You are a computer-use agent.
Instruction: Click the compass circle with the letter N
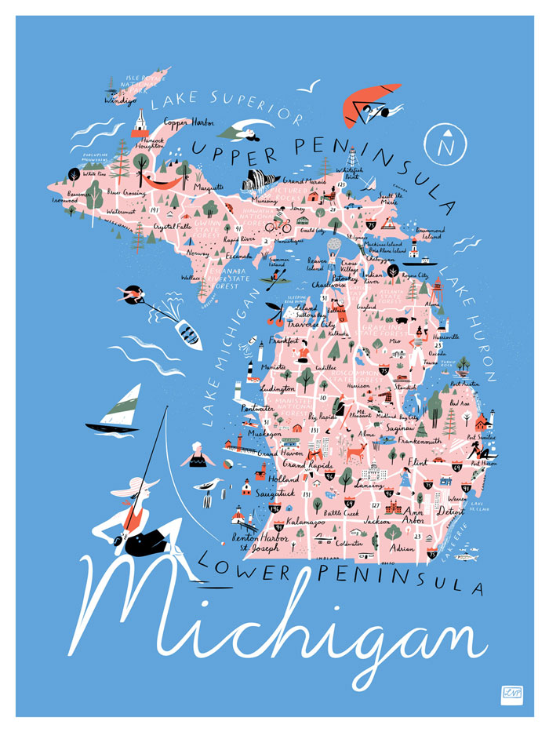pyautogui.click(x=447, y=144)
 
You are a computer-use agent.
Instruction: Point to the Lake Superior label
pyautogui.click(x=227, y=108)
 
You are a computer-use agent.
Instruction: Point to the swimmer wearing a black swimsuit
pyautogui.click(x=197, y=455)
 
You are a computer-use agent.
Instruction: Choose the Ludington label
pyautogui.click(x=277, y=388)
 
